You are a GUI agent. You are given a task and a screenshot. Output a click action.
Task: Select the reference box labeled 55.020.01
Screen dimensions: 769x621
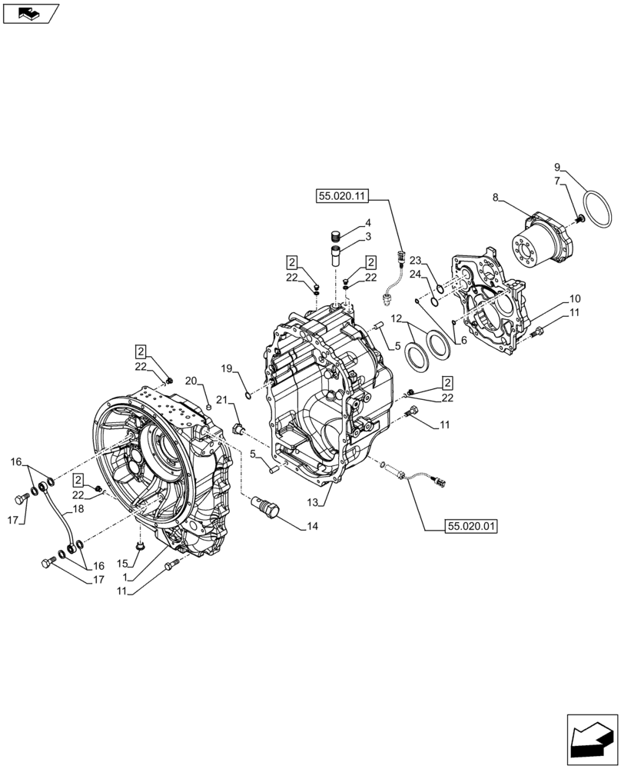coord(470,526)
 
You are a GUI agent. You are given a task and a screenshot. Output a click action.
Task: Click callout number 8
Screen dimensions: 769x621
coord(496,198)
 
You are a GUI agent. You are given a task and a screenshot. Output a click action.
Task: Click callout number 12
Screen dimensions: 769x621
coord(396,318)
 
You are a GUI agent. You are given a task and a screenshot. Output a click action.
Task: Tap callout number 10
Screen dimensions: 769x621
coord(574,298)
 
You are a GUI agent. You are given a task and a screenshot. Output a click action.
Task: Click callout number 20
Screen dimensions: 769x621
coord(191,380)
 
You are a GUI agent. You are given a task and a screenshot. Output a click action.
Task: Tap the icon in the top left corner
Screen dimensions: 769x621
coord(30,12)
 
